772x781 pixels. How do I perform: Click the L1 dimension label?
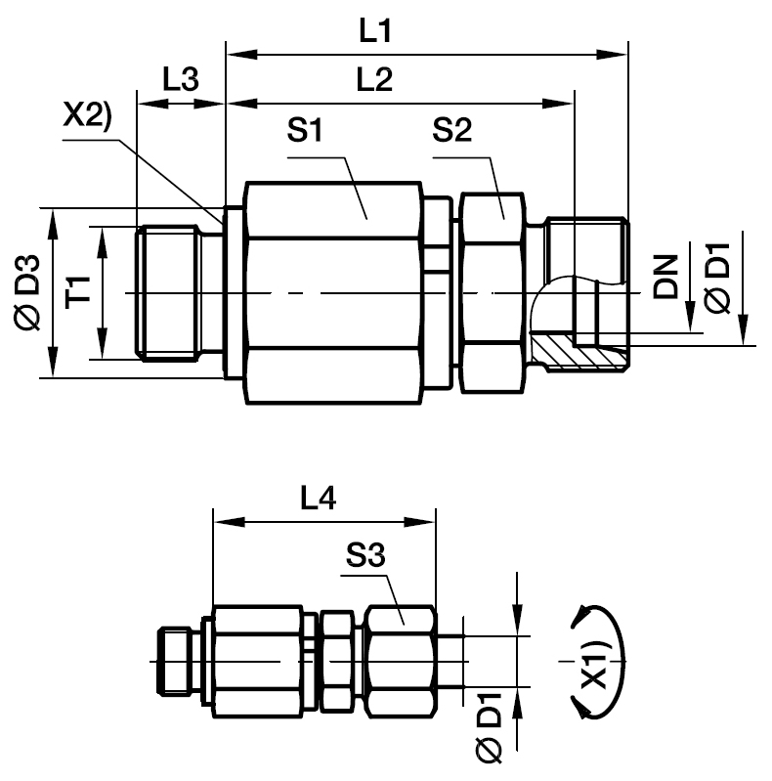click(x=374, y=32)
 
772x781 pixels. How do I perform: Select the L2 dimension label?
click(x=374, y=81)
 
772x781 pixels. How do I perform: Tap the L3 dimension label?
click(x=180, y=81)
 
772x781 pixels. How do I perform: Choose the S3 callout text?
click(x=365, y=557)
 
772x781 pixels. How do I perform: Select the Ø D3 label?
click(x=27, y=292)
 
